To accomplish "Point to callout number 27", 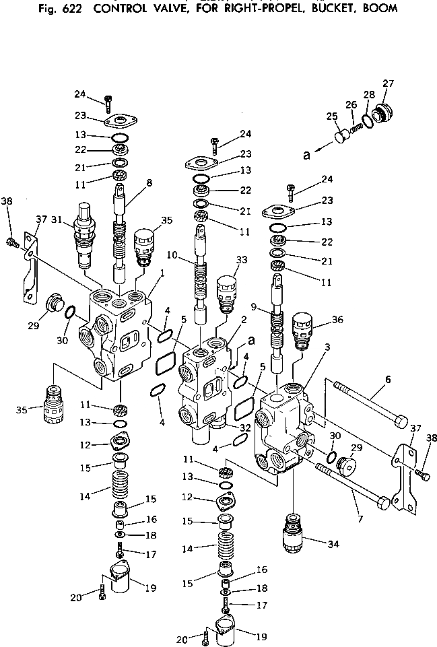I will pos(388,83).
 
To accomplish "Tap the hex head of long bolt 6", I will pos(399,422).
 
